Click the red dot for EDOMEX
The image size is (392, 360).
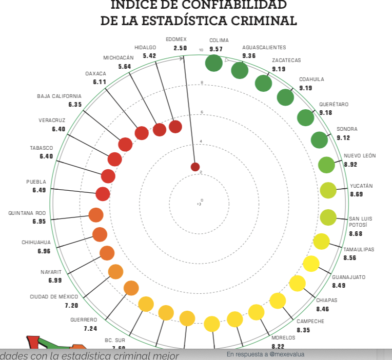click(195, 167)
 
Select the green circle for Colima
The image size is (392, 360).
click(213, 63)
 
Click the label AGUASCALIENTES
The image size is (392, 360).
click(264, 48)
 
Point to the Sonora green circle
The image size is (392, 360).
click(319, 139)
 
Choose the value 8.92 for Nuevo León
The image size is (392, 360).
click(350, 165)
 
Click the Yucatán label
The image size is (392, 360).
click(361, 186)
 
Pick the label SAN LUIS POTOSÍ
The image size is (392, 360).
click(360, 222)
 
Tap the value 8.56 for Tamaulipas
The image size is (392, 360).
click(350, 258)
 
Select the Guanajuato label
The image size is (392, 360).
click(348, 277)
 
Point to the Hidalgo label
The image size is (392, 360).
click(145, 47)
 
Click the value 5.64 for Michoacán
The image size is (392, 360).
click(125, 66)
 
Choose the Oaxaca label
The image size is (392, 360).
click(95, 73)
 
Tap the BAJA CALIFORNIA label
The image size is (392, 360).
click(59, 96)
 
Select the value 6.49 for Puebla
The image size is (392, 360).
click(39, 190)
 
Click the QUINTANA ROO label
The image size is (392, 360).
click(27, 213)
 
